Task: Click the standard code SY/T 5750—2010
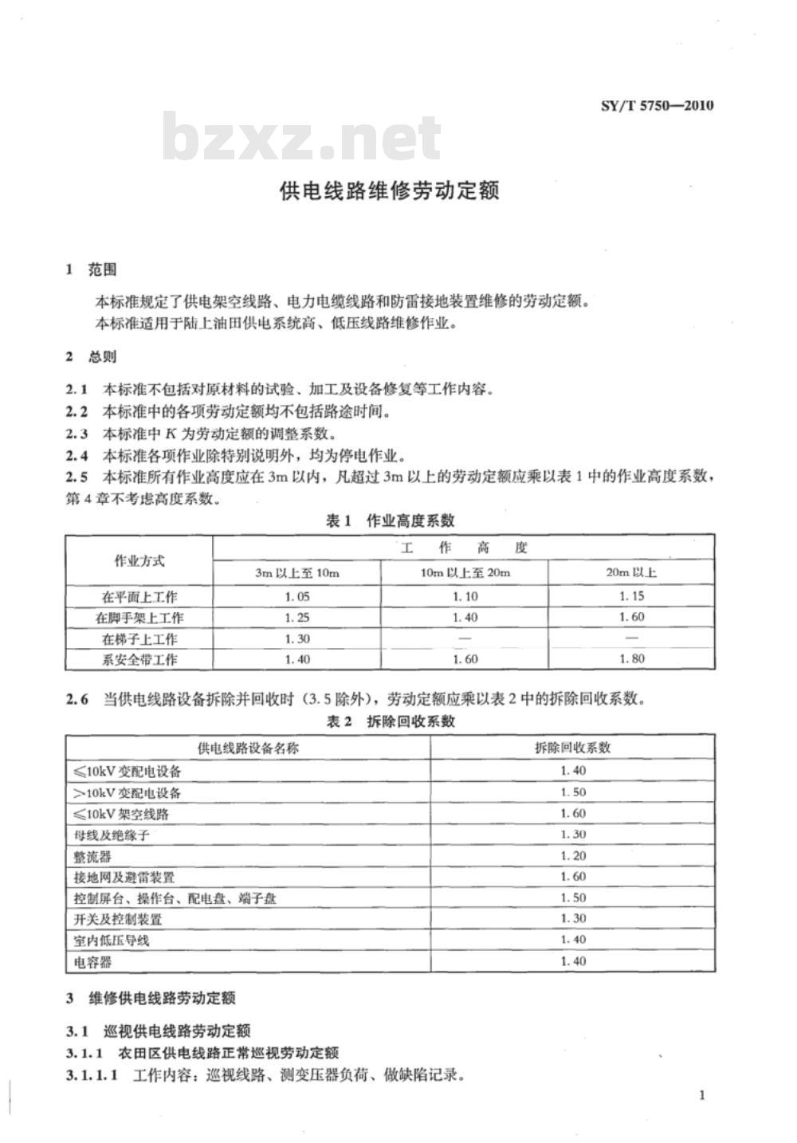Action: (x=656, y=105)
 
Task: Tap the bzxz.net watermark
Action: (x=301, y=138)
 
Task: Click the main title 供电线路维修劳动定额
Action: (x=389, y=191)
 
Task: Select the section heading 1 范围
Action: (x=91, y=270)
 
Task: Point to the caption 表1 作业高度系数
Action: (x=391, y=520)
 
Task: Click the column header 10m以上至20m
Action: (x=465, y=572)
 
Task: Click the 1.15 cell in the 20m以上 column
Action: (x=631, y=596)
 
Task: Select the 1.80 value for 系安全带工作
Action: (x=631, y=659)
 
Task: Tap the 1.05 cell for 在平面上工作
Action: (x=296, y=596)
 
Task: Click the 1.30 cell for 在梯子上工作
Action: (x=296, y=638)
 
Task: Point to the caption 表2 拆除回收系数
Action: (x=391, y=721)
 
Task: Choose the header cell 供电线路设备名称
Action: (x=248, y=748)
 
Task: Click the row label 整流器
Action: (x=92, y=856)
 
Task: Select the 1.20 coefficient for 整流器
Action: (x=572, y=856)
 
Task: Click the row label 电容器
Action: (x=92, y=962)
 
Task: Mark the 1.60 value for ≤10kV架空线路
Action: (x=572, y=814)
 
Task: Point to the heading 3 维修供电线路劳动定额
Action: (x=151, y=998)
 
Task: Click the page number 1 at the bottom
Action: (x=701, y=1095)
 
